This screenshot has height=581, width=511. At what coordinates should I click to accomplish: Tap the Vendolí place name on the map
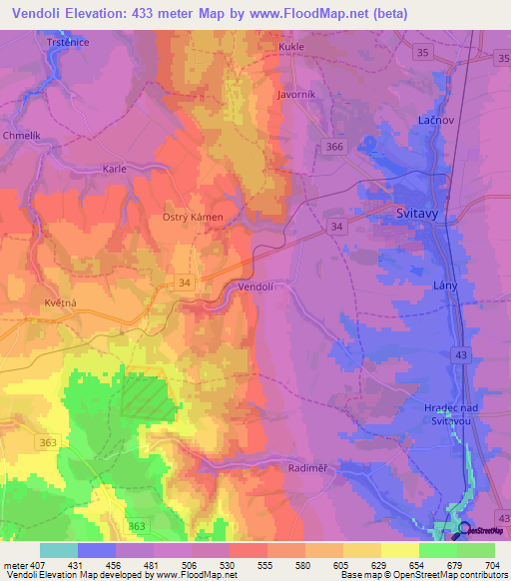[x=256, y=287]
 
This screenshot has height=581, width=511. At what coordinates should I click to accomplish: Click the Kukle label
[x=291, y=46]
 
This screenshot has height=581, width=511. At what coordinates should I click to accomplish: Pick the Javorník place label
[x=296, y=95]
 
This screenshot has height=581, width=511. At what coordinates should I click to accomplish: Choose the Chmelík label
[x=23, y=135]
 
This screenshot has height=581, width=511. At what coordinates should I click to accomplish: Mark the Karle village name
[x=115, y=169]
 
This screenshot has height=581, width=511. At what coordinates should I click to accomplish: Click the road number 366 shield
[x=333, y=147]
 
